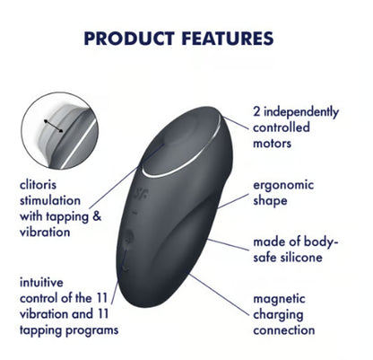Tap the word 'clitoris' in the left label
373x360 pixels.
pyautogui.click(x=40, y=186)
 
